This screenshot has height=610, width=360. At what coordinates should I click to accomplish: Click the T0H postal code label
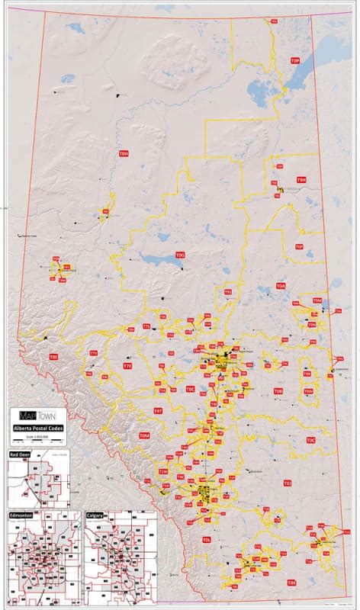[x=124, y=153]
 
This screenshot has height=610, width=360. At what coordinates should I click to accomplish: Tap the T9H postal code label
[x=301, y=180]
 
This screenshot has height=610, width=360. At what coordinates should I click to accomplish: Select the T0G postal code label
[x=181, y=255]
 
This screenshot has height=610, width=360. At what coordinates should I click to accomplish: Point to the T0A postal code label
[x=281, y=286]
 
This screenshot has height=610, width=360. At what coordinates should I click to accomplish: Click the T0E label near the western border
[x=53, y=356]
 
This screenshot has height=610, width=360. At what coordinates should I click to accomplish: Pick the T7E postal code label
[x=127, y=367]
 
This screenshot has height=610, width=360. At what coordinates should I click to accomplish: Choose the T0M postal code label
[x=144, y=435]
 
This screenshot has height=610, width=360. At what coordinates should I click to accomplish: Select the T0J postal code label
[x=287, y=483]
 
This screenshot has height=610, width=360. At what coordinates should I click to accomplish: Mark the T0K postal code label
[x=291, y=583]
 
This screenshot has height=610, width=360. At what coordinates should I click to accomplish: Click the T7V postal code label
[x=93, y=354]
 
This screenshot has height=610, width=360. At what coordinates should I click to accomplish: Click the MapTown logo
[x=37, y=416]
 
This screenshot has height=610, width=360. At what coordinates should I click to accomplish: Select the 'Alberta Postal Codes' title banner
[x=37, y=429]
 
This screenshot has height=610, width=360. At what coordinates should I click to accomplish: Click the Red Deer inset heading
[x=19, y=454]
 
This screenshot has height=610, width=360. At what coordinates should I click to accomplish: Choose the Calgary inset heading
[x=95, y=515]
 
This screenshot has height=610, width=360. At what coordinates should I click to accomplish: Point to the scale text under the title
[x=37, y=436]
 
